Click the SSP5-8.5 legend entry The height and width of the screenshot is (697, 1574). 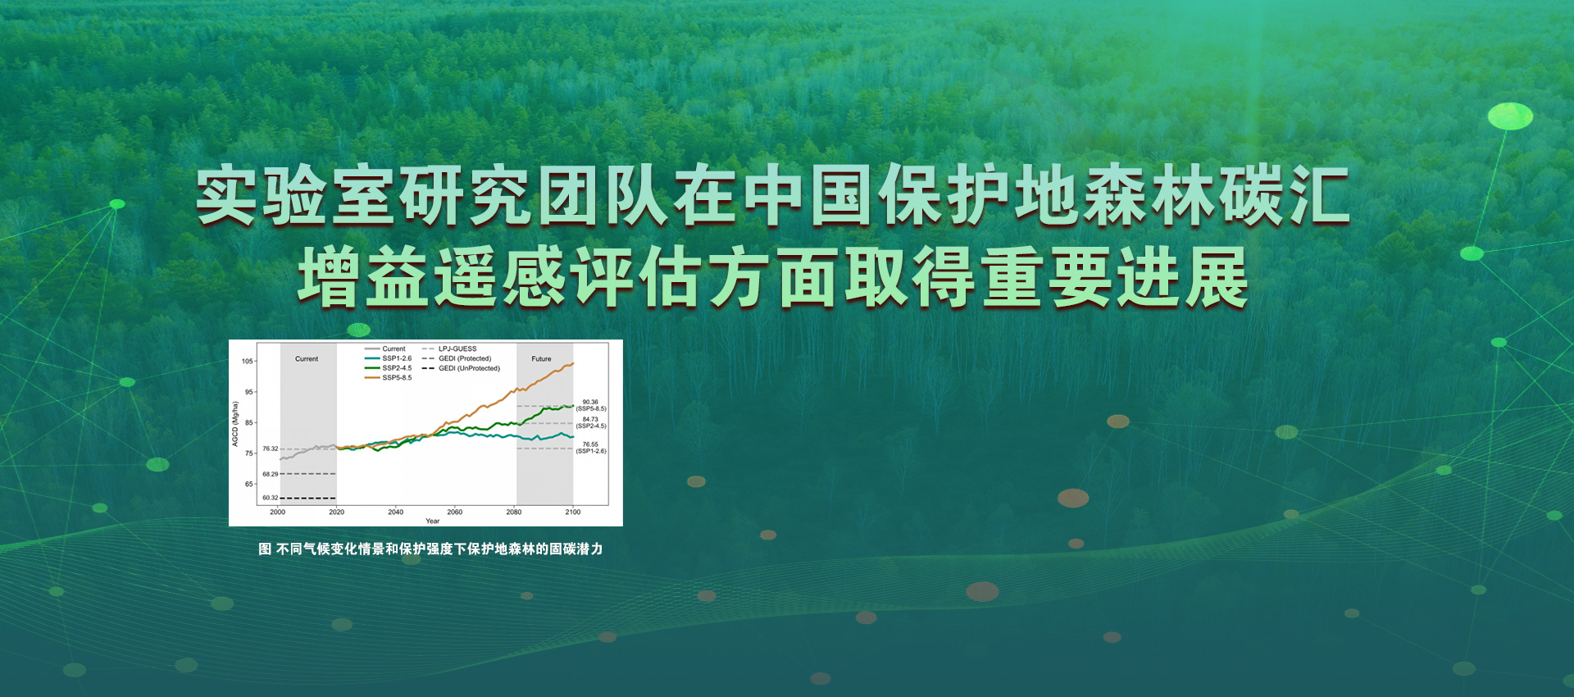coord(397,378)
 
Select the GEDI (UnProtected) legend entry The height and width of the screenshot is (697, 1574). coord(468,368)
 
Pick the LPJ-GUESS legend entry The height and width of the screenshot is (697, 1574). coord(457,348)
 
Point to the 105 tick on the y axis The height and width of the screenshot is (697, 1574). coord(248,361)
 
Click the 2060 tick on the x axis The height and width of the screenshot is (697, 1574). coord(454,512)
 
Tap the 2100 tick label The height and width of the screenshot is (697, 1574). coord(572,512)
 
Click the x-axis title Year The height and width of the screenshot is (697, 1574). coord(432,521)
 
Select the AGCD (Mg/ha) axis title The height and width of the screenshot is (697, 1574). coord(235,424)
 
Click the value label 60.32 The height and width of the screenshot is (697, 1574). coord(270,498)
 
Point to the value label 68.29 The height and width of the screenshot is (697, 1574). coord(270,474)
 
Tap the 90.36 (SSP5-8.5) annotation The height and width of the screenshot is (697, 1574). coord(590,405)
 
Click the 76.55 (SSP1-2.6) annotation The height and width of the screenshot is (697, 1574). coord(590,448)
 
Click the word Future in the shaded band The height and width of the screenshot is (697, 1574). coord(541,359)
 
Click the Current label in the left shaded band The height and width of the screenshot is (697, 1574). coord(307,359)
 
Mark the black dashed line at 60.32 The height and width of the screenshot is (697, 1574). coord(308,498)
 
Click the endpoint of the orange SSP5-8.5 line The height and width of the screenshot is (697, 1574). coord(573,363)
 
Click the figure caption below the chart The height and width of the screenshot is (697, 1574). coord(430,549)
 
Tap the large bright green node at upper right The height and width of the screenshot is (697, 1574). coord(1510,116)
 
